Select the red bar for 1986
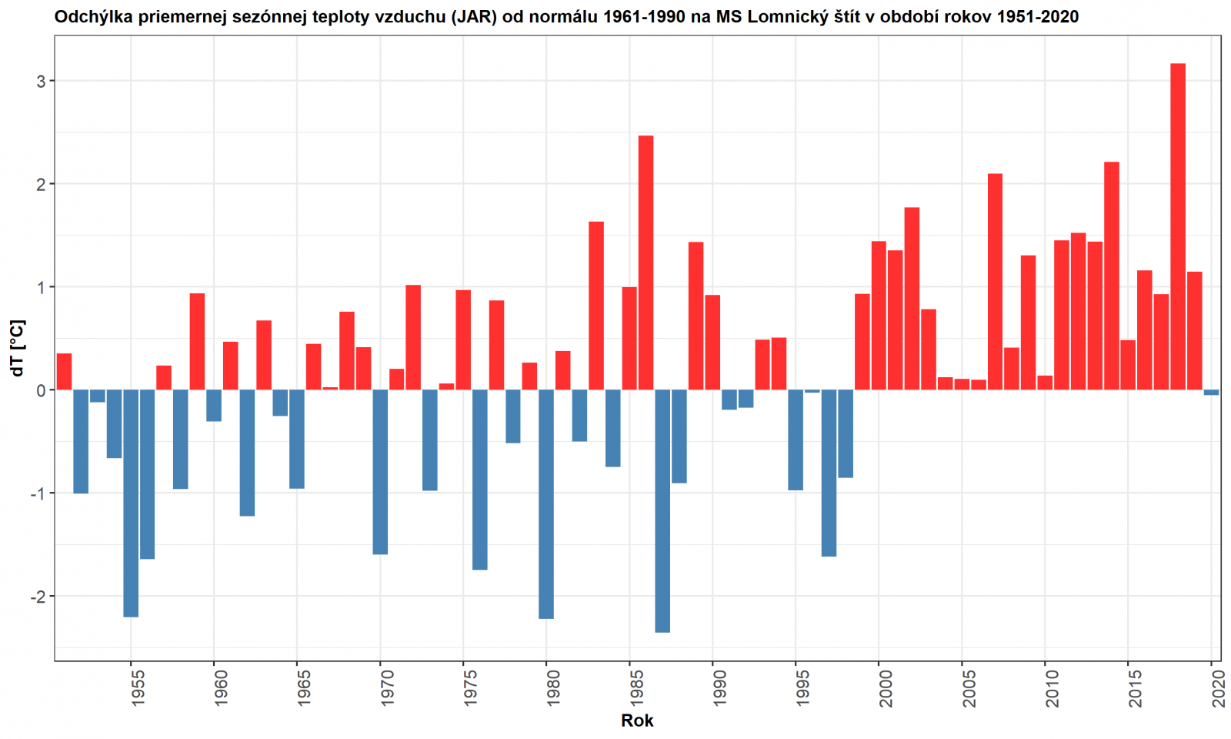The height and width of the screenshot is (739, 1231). (x=646, y=262)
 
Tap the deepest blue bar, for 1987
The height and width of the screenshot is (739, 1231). (x=662, y=511)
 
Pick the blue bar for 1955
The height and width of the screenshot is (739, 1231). (x=131, y=503)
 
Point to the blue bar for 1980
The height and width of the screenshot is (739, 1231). (x=546, y=504)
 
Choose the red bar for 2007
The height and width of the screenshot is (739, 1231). (x=995, y=282)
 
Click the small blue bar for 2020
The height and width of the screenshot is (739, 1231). (x=1211, y=393)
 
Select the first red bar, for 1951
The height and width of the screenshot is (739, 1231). (x=65, y=372)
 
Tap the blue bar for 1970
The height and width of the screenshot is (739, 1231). (x=380, y=472)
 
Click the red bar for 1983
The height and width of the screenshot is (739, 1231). (x=596, y=306)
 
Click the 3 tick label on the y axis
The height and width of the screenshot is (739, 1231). (x=41, y=81)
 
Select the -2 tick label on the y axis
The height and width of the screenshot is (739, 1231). (x=38, y=597)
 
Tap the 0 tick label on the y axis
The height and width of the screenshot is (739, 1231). (x=41, y=390)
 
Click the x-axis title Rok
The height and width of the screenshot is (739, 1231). (x=637, y=721)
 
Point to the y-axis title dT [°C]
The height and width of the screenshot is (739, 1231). (x=17, y=348)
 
